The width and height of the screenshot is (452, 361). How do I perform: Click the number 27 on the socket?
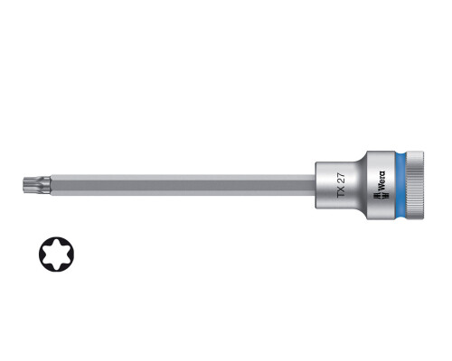click(x=342, y=178)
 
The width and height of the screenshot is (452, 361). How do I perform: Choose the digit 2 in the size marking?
click(x=342, y=181)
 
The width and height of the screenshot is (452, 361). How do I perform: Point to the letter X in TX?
click(x=342, y=190)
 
